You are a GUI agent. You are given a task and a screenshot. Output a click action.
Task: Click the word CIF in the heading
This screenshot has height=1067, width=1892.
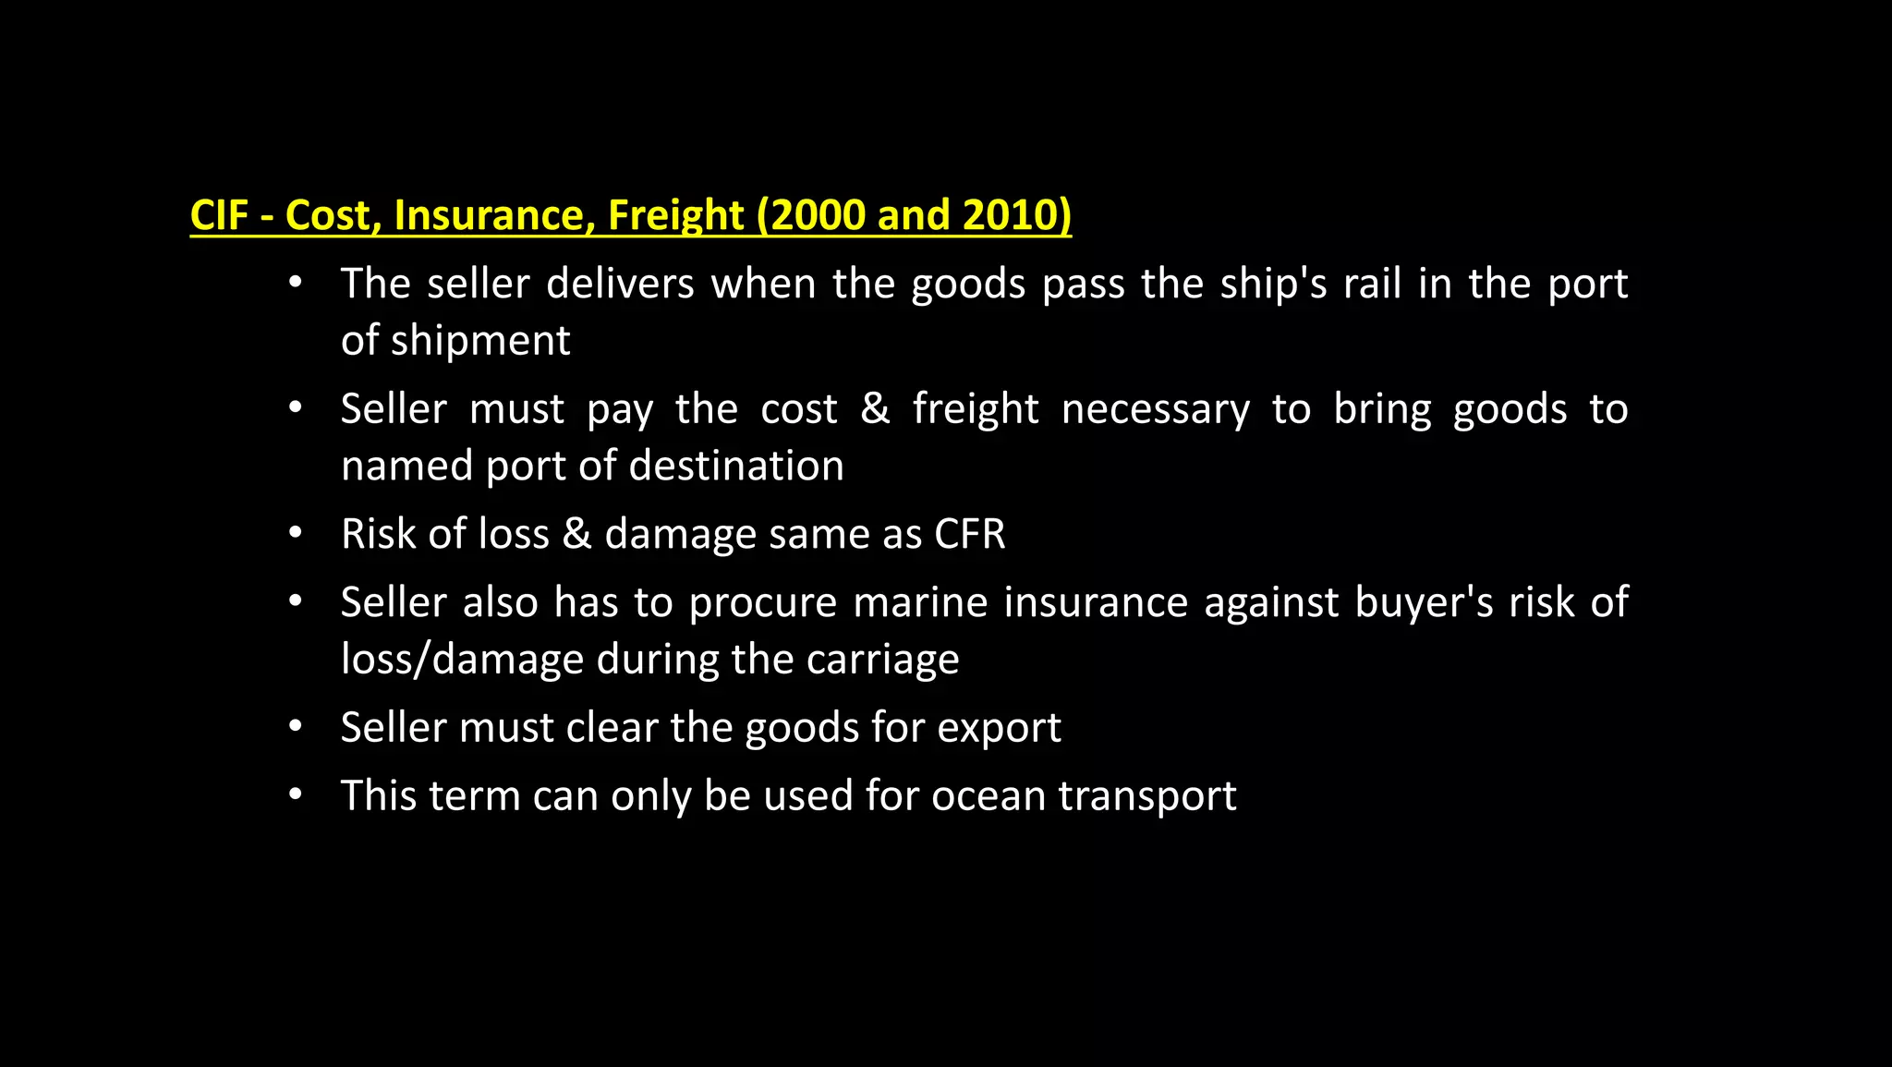219,215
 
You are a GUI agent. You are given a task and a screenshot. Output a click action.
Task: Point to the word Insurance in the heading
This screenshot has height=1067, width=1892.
494,215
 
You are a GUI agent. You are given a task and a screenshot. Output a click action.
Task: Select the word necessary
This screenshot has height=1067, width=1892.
1156,409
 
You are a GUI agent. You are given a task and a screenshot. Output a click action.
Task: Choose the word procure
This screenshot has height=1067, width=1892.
763,603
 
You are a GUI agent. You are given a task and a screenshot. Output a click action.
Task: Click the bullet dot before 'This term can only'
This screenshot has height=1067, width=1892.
295,794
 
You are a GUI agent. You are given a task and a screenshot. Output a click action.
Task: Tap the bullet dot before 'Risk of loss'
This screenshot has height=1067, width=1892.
295,533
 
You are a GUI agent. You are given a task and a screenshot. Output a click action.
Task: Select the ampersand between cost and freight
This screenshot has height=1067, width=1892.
875,409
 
